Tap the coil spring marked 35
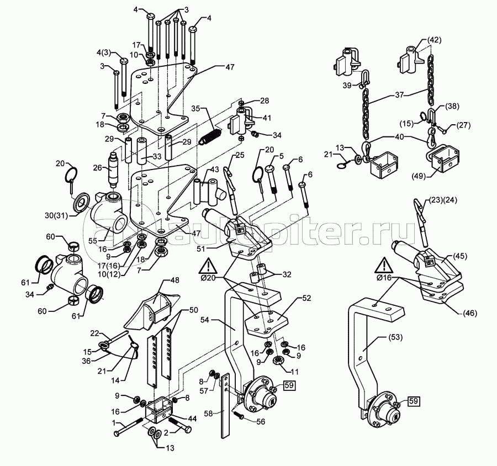coord(210,136)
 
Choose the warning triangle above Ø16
coord(384,266)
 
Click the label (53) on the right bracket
coord(394,337)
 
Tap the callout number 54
coord(205,320)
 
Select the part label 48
coord(175,280)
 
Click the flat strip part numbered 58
coord(225,406)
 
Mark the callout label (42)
coord(434,40)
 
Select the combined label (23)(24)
coord(443,200)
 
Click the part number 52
coord(306,298)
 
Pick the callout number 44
coord(192,419)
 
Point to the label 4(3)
coord(104,53)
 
